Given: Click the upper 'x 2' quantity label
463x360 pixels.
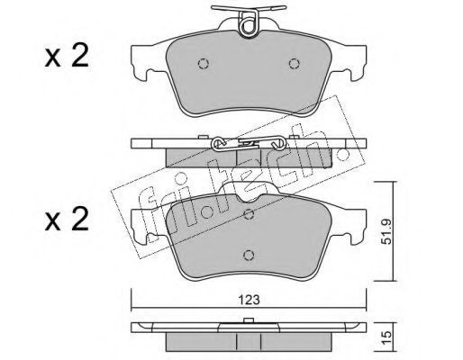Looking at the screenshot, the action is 67,56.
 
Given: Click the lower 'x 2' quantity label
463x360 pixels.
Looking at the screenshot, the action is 67,220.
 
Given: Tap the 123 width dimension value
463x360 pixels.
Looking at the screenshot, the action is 249,300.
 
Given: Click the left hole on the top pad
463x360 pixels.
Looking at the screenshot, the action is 204,64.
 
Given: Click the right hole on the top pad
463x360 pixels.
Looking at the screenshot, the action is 294,64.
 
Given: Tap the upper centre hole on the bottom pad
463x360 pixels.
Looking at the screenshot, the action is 249,214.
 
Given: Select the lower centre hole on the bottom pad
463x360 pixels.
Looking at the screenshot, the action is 249,255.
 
